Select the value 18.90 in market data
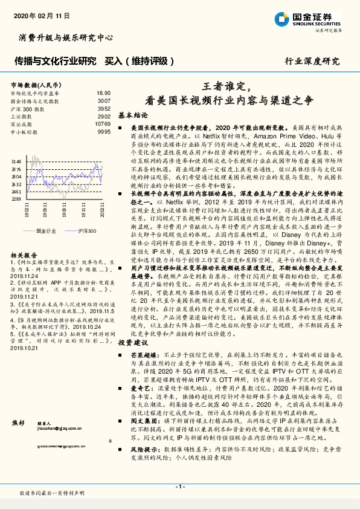point(104,94)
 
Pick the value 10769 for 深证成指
point(103,123)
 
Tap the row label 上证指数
point(23,116)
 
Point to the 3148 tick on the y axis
point(16,161)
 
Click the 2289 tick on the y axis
point(16,198)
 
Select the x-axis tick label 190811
point(64,210)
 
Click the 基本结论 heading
point(133,114)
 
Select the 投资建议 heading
point(133,342)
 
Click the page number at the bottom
point(179,486)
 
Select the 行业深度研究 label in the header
point(312,62)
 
